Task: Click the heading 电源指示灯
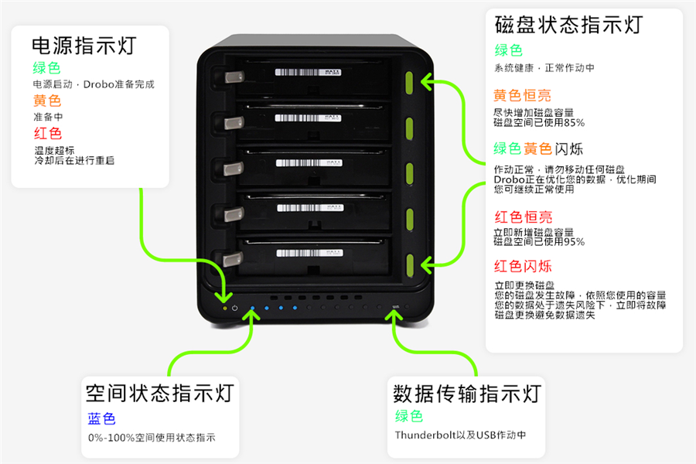pyautogui.click(x=84, y=45)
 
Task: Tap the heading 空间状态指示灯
pyautogui.click(x=159, y=392)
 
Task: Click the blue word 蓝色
pyautogui.click(x=101, y=418)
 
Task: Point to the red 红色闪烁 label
pyautogui.click(x=523, y=266)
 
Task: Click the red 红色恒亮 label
pyautogui.click(x=523, y=217)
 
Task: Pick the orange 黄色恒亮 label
pyautogui.click(x=523, y=96)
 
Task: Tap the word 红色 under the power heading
pyautogui.click(x=47, y=133)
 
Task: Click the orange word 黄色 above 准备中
pyautogui.click(x=47, y=101)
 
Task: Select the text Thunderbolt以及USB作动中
pyautogui.click(x=460, y=435)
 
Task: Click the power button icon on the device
pyautogui.click(x=234, y=308)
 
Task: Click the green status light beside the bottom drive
pyautogui.click(x=409, y=262)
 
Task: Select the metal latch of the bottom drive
pyautogui.click(x=233, y=259)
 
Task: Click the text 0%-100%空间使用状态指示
pyautogui.click(x=152, y=437)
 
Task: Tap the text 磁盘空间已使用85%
pyautogui.click(x=539, y=122)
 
